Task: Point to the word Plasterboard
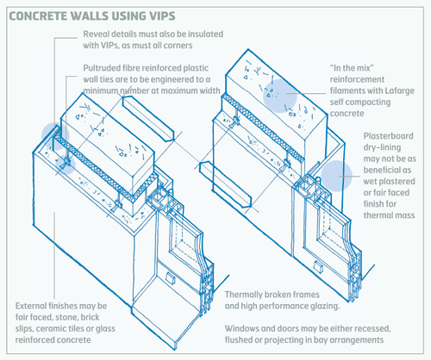click(x=389, y=136)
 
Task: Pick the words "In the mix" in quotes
click(x=352, y=68)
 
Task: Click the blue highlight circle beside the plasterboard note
click(x=336, y=176)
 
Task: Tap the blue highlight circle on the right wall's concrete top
click(x=280, y=96)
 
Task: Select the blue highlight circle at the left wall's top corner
click(x=55, y=136)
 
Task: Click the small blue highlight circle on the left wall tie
click(x=66, y=164)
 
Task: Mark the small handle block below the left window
click(x=170, y=278)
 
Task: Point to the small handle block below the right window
click(x=318, y=266)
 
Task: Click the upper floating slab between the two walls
click(x=148, y=118)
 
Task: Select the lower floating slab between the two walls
click(x=226, y=183)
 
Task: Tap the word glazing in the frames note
click(x=325, y=307)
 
